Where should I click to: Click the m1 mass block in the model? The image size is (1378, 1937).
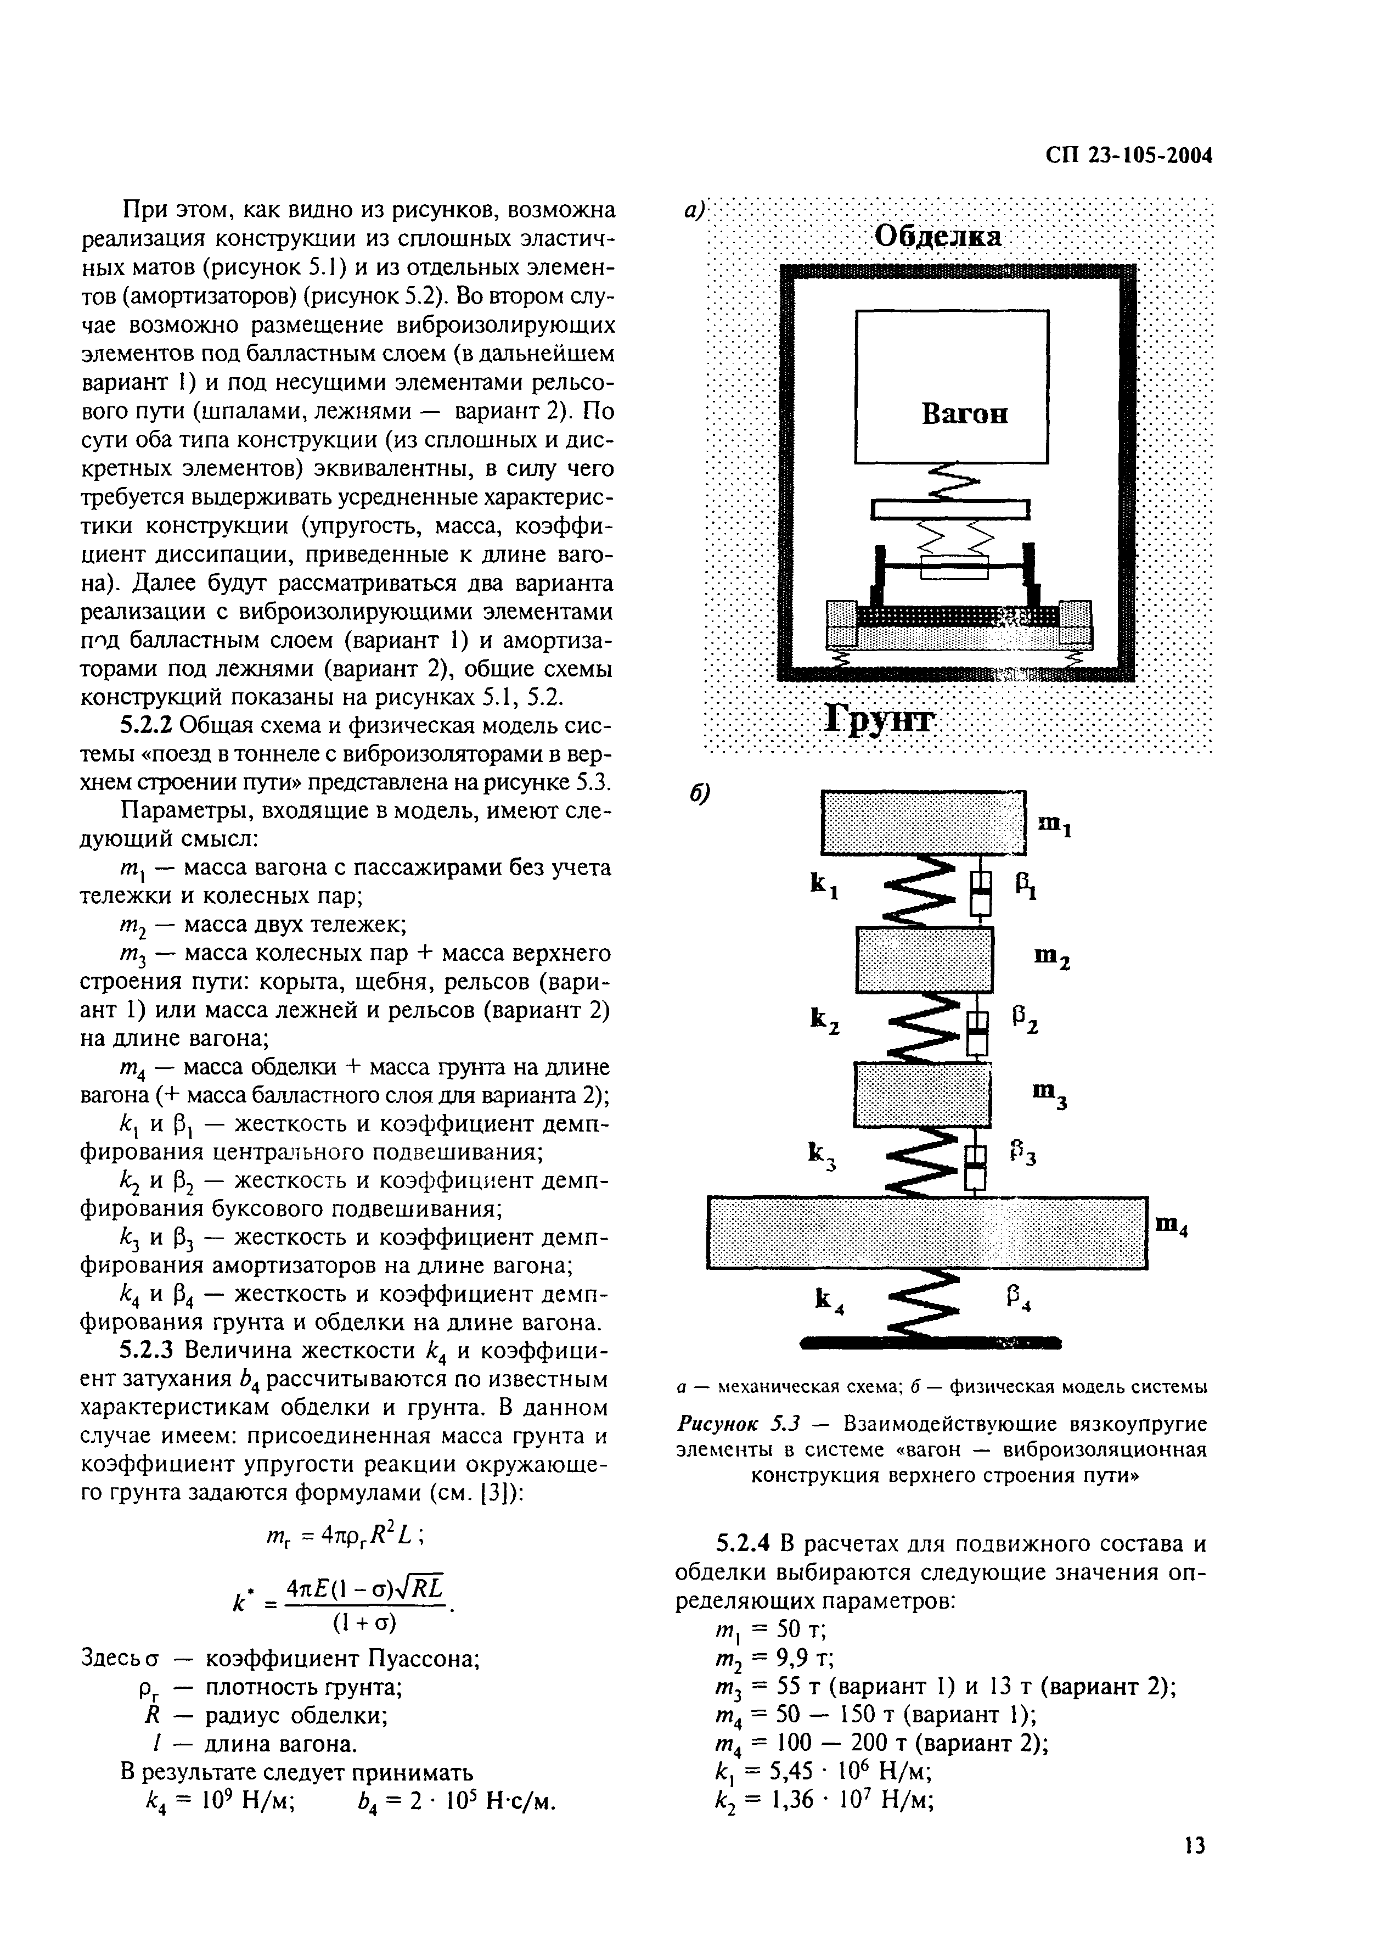pos(923,822)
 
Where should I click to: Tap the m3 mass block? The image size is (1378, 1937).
pos(921,1095)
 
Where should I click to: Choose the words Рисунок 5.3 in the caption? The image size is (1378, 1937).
pos(733,1423)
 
